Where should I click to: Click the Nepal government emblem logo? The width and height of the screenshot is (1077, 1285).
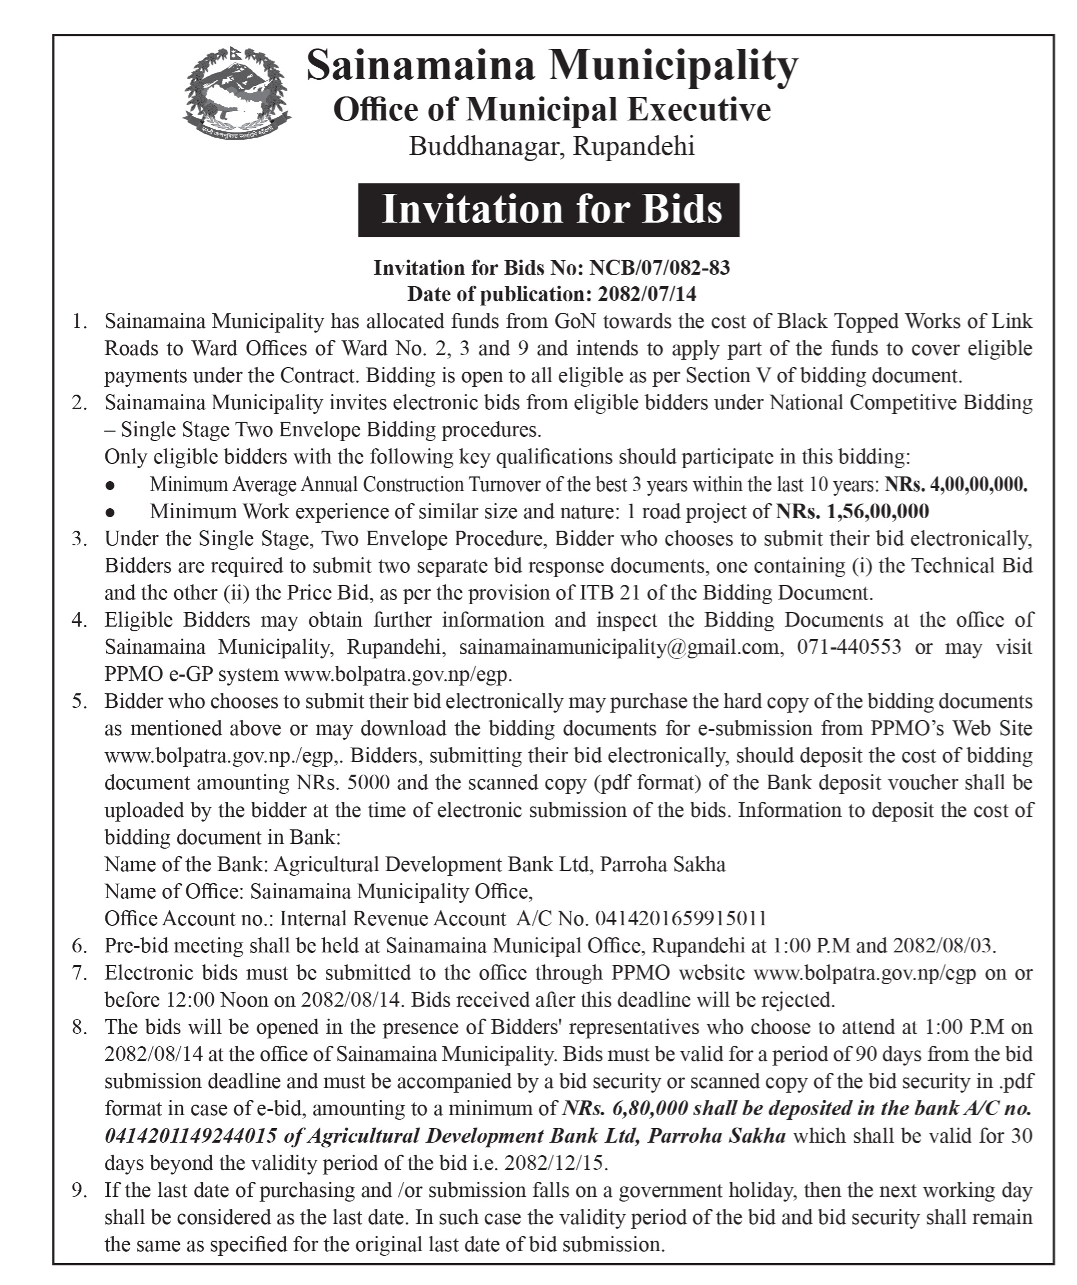(x=237, y=92)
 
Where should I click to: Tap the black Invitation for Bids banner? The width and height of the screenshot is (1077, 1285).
(x=548, y=210)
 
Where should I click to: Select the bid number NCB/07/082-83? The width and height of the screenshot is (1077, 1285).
(x=659, y=268)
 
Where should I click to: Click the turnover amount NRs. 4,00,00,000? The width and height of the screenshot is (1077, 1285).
(x=956, y=485)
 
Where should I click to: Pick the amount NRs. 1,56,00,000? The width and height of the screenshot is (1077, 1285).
(x=852, y=511)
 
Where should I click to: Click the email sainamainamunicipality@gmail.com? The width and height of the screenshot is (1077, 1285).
(x=618, y=647)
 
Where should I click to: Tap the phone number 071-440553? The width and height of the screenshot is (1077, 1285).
(x=849, y=647)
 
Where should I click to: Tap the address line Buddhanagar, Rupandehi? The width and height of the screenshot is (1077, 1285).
(x=552, y=147)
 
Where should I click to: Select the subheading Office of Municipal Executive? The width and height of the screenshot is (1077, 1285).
(x=552, y=110)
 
